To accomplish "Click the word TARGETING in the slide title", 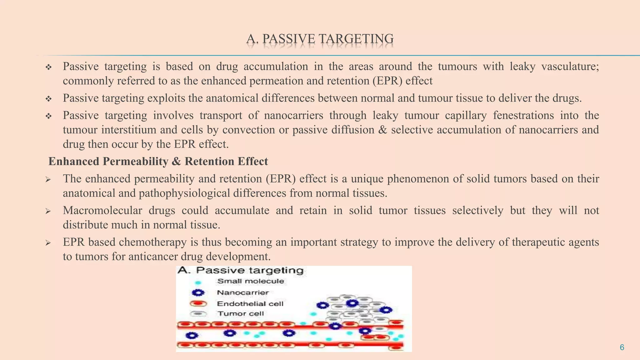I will (356, 39).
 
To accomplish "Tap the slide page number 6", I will (622, 347).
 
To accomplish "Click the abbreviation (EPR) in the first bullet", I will (387, 81).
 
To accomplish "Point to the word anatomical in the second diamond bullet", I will (232, 98).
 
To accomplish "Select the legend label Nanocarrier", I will (243, 292).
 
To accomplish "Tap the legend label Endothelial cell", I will (250, 303).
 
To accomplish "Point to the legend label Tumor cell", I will (241, 313).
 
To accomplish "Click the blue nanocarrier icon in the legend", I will (198, 293).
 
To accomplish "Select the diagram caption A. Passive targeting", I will (241, 270).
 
